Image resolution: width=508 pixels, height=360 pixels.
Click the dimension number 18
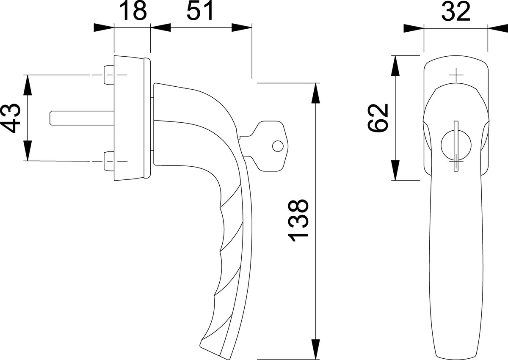point(133,11)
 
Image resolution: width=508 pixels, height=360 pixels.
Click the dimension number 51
point(200,11)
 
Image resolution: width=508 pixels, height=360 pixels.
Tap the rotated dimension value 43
point(11,118)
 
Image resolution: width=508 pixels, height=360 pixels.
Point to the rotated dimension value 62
point(378,118)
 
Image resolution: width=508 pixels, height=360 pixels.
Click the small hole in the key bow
point(278,146)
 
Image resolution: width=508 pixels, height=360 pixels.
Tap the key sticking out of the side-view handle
point(264,146)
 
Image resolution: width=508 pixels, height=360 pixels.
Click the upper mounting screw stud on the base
point(109,75)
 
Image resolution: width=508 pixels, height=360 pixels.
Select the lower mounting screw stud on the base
point(109,161)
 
